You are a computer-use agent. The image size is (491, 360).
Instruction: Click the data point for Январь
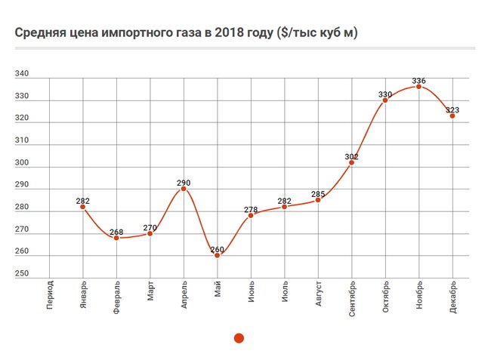(83, 207)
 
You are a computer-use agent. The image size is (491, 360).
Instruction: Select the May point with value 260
(218, 255)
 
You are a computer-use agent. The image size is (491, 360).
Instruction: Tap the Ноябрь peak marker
(419, 87)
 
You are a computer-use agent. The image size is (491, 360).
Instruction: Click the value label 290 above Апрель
(184, 182)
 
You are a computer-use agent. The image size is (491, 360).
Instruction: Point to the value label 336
(419, 80)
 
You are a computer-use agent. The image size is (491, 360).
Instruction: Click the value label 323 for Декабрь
(452, 109)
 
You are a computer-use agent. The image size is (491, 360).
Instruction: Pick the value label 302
(352, 156)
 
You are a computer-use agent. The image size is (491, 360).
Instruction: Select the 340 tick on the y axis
(22, 74)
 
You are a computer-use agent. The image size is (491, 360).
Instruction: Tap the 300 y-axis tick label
(22, 162)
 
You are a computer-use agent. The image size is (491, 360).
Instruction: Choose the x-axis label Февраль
(117, 299)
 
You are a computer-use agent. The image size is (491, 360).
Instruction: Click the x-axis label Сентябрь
(353, 300)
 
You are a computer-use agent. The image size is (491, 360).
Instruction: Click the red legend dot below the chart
(239, 338)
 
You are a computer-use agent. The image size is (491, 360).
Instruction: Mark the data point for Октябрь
(385, 100)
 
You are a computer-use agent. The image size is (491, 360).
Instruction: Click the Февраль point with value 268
(116, 238)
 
